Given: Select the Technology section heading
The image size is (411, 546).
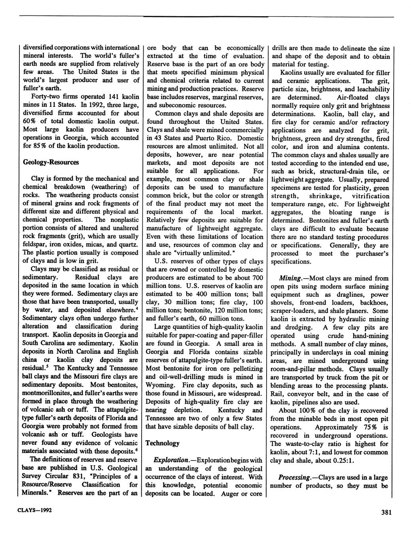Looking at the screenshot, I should coord(163,443).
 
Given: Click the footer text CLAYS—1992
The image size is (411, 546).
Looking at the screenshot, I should coord(35,510).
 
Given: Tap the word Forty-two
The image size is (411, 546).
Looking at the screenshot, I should coord(45,97).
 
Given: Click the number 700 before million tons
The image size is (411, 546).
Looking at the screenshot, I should coord(257,277).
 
